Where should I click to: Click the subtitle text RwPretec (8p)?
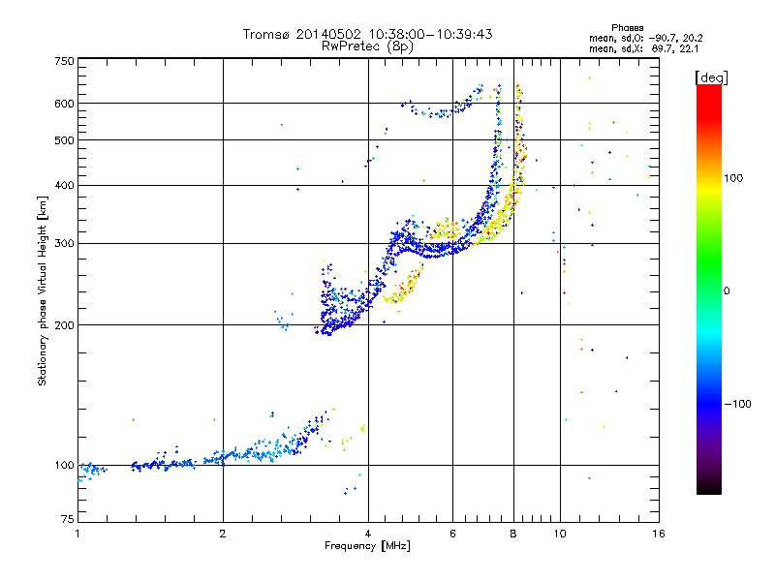[367, 46]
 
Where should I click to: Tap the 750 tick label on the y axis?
[65, 61]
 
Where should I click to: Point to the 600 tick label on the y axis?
[65, 104]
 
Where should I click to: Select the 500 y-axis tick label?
[65, 140]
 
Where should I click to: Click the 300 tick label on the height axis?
[65, 243]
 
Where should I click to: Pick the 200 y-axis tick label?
[65, 325]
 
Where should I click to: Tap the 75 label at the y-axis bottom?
[68, 519]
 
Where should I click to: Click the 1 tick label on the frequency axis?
[77, 534]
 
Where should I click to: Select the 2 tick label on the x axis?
[223, 534]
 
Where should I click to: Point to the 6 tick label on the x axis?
[452, 534]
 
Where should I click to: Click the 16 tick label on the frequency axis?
[659, 534]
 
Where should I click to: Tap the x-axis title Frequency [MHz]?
[367, 546]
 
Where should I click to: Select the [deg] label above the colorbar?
[711, 77]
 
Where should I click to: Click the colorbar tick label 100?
[733, 178]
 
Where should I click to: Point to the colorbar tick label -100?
[738, 404]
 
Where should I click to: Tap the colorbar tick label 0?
[727, 291]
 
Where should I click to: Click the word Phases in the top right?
[627, 28]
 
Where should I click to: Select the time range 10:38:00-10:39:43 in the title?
[430, 34]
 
